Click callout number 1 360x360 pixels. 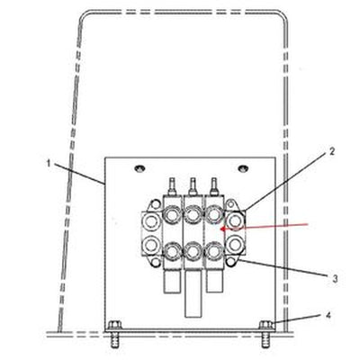click(49, 163)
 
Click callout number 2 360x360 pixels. click(331, 151)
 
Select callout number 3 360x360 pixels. click(335, 279)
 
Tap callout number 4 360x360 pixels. click(328, 316)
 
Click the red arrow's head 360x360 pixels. click(223, 229)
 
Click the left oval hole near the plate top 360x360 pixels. click(139, 168)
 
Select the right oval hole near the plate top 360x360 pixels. click(243, 168)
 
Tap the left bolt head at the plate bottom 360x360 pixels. click(114, 325)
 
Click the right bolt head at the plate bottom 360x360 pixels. click(265, 325)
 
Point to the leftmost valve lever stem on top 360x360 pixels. click(173, 186)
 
